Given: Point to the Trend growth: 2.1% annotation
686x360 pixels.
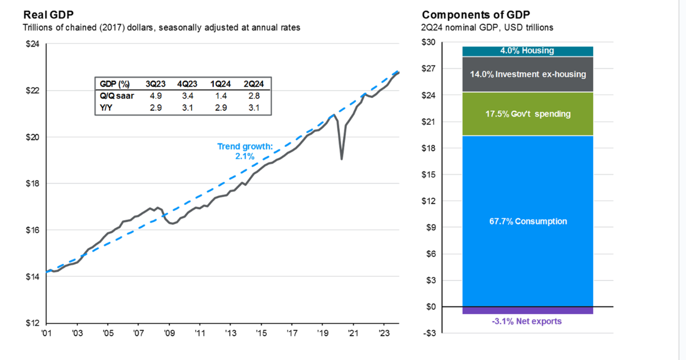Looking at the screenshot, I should [245, 151].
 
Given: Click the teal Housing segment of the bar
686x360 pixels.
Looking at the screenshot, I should [527, 51].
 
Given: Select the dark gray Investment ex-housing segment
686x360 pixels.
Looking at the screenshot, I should [527, 74].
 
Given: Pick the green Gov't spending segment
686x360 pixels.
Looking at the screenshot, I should [527, 114].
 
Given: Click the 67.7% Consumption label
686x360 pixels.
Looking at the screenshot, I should [527, 222].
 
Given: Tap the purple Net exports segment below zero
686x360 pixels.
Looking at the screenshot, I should [527, 310].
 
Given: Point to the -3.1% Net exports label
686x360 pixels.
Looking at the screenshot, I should [527, 322].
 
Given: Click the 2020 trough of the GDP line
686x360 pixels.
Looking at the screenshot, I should [341, 159].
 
